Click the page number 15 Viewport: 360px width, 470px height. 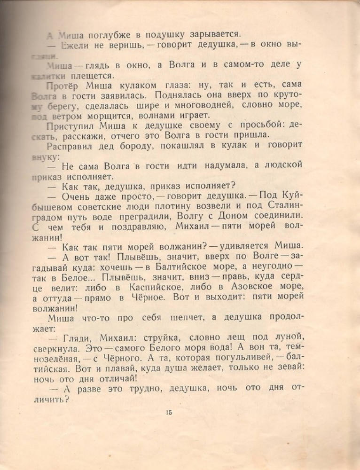click(169, 413)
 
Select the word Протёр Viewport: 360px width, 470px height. click(62, 85)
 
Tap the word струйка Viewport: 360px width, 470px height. click(160, 337)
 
